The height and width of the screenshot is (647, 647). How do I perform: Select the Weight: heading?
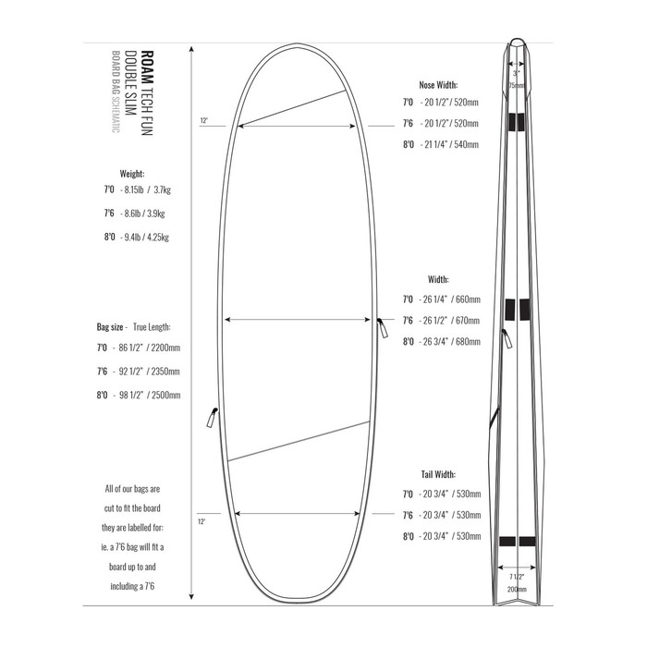pos(132,173)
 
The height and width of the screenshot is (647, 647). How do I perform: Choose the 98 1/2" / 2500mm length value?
pos(144,395)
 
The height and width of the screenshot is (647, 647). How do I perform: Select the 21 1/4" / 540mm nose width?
pos(449,145)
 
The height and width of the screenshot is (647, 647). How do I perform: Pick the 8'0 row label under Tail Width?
pos(408,535)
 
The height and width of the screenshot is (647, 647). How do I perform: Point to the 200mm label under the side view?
pos(516,589)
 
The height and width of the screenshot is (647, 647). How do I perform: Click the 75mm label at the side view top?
pos(517,85)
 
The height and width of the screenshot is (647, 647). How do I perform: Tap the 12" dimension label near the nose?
pos(203,120)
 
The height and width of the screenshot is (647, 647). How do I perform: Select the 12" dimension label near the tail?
pos(203,521)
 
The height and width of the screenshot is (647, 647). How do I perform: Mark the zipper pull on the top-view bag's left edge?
pos(209,418)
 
